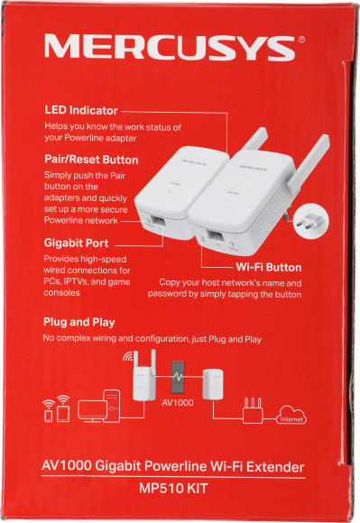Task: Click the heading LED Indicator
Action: (82, 111)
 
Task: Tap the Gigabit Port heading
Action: (77, 243)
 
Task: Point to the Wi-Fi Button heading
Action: (268, 268)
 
